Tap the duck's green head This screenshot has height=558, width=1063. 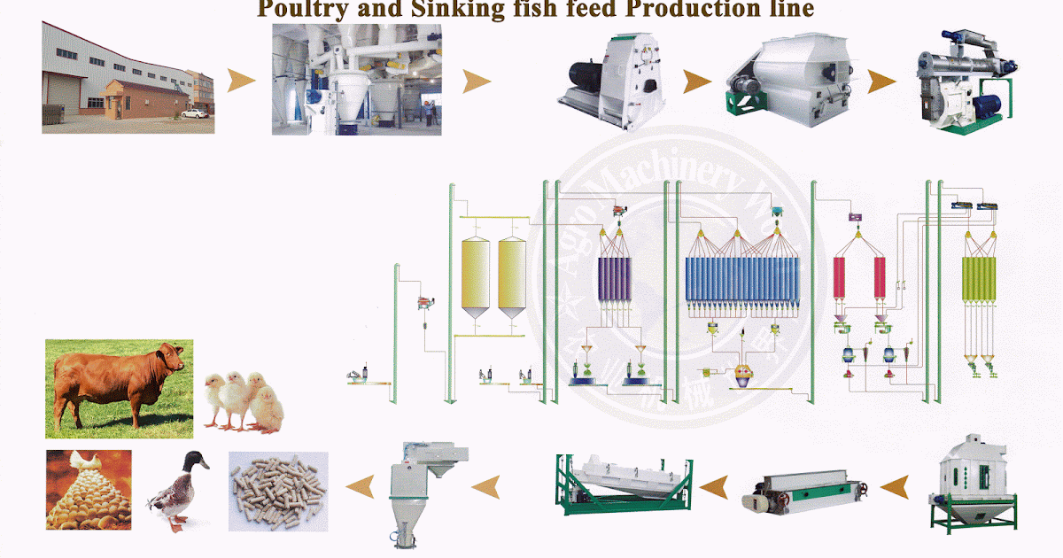click(x=193, y=461)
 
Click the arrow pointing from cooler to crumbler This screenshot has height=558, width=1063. click(x=893, y=484)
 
